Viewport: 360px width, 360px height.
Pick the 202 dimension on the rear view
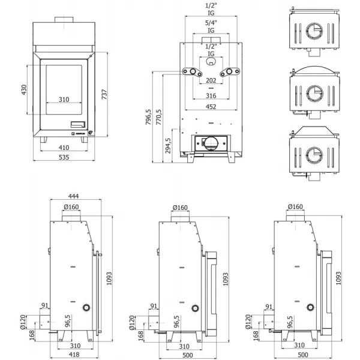coord(211,81)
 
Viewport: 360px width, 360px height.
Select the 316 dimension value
coord(211,95)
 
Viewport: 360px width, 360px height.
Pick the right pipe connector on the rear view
coord(229,73)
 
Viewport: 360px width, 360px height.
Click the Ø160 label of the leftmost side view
coord(71,207)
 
